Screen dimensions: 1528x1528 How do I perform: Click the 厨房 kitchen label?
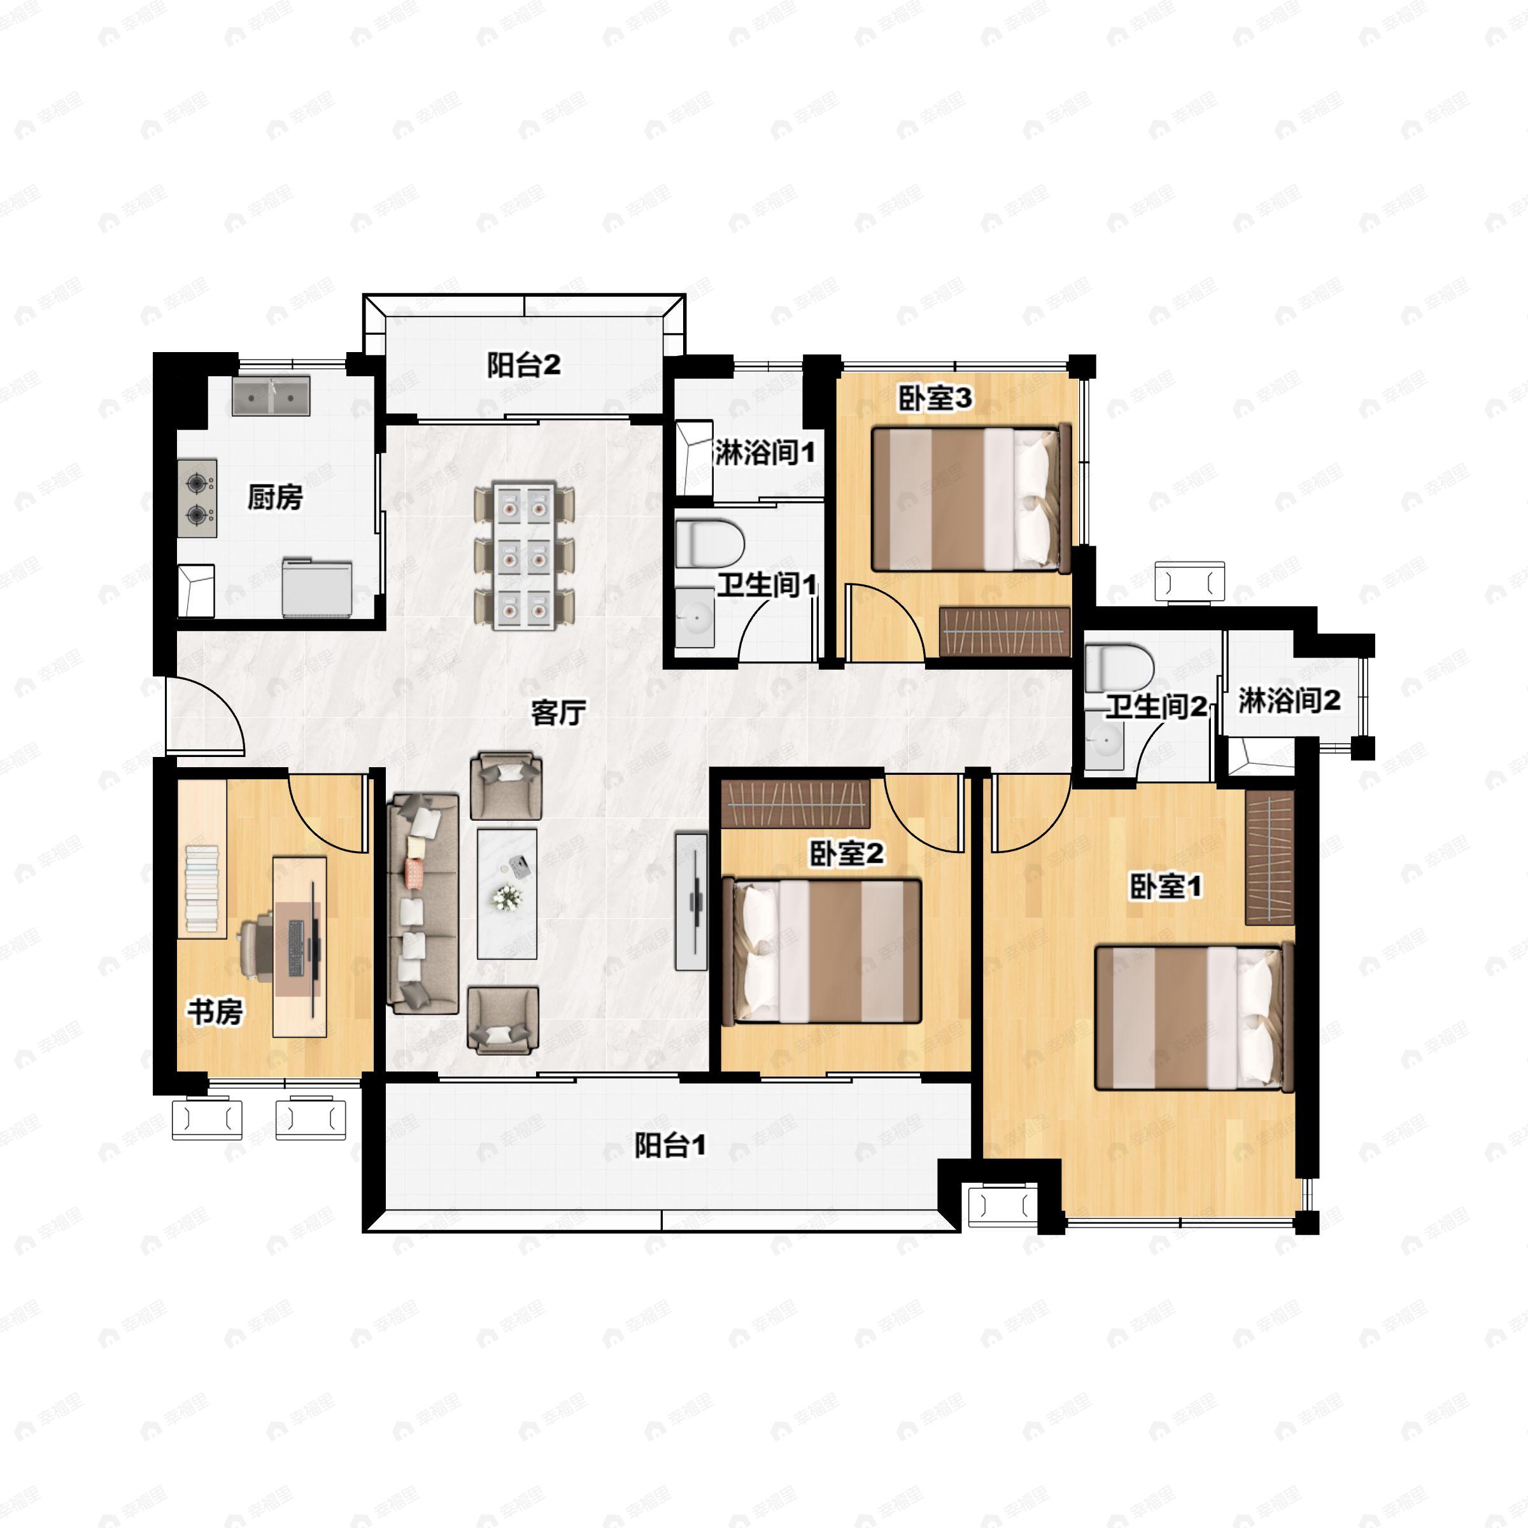pyautogui.click(x=274, y=497)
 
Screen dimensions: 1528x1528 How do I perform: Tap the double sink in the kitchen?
pyautogui.click(x=271, y=395)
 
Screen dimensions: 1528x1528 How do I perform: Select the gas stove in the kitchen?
pyautogui.click(x=197, y=499)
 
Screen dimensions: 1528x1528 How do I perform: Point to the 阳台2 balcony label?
pyautogui.click(x=523, y=365)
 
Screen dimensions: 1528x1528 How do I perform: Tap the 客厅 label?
pyautogui.click(x=558, y=712)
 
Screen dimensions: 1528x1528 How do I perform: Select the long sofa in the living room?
pyautogui.click(x=423, y=904)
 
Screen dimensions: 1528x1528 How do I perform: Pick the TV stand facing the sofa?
pyautogui.click(x=690, y=901)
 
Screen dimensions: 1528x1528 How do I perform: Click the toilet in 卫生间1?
pyautogui.click(x=711, y=542)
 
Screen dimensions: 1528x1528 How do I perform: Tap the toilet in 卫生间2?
pyautogui.click(x=1119, y=667)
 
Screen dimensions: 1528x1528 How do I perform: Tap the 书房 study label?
pyautogui.click(x=215, y=1011)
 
